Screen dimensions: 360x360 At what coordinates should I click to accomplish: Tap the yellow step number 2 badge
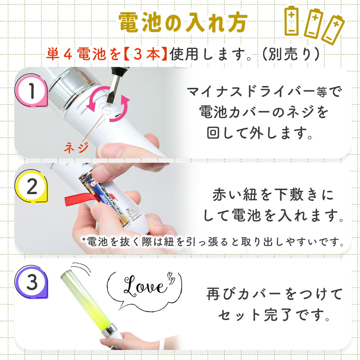[32, 188]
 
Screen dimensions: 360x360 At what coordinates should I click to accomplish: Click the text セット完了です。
[274, 315]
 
